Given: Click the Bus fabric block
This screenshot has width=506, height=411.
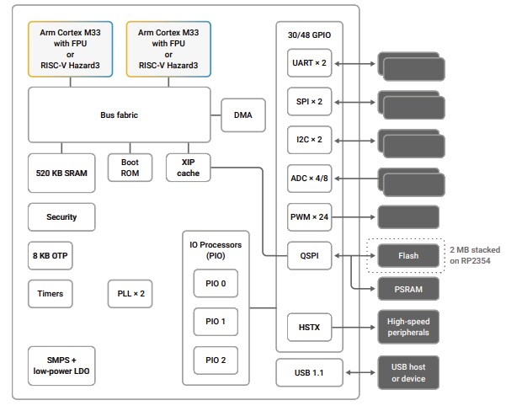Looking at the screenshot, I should tap(120, 115).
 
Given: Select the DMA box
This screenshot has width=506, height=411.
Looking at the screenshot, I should tap(242, 115).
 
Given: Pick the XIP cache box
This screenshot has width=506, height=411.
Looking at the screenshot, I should tap(188, 168).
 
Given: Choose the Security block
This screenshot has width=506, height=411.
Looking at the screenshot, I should tap(61, 216).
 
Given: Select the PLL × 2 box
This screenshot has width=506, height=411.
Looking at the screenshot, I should tap(130, 294).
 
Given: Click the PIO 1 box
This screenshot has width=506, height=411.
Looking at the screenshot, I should tap(216, 322).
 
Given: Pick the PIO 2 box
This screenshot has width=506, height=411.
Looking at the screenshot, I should tap(216, 360).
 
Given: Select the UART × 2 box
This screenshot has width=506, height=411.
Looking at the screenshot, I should tap(309, 63).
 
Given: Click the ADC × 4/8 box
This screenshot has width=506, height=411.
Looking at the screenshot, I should tap(309, 178).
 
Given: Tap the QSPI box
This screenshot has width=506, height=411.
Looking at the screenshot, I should tap(309, 254).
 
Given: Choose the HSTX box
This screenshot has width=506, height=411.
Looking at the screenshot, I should tap(309, 327).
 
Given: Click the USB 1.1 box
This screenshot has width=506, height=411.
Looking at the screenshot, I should tap(309, 372).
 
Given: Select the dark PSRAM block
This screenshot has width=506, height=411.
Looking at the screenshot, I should tap(408, 289).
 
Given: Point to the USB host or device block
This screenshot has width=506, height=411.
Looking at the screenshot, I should tap(408, 372).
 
